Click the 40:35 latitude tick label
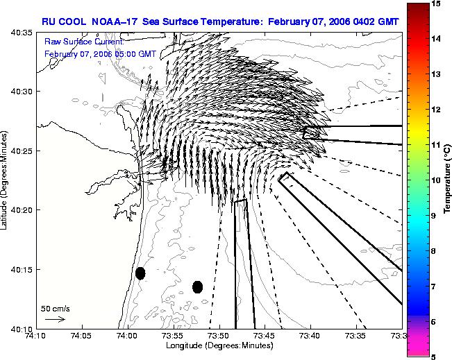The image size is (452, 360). click(x=22, y=33)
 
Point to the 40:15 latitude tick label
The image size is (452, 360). click(x=22, y=270)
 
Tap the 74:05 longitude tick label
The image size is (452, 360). click(x=83, y=336)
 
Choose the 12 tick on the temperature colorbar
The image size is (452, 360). click(x=435, y=110)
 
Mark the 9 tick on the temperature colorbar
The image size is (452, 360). click(x=433, y=216)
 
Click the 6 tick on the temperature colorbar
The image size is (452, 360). click(x=433, y=322)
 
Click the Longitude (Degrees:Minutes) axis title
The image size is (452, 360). click(x=219, y=345)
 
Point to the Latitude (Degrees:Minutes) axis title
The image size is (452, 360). click(x=3, y=180)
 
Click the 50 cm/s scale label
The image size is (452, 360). click(x=56, y=309)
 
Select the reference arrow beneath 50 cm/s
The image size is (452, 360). click(x=55, y=319)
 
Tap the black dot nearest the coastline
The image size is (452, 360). click(x=140, y=273)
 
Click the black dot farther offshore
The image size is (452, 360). click(x=197, y=287)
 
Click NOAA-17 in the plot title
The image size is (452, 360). click(x=114, y=22)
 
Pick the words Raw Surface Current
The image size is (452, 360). click(x=84, y=42)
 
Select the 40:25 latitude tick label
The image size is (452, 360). click(x=22, y=151)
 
